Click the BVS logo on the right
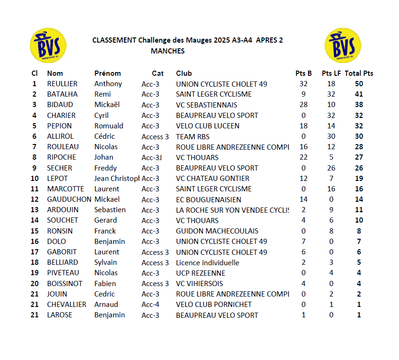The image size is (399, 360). (343, 45)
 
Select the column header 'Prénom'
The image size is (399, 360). (108, 73)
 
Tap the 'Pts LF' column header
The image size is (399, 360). (331, 73)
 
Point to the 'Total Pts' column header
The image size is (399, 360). (359, 73)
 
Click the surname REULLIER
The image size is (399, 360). (62, 84)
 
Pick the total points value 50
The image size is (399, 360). (359, 84)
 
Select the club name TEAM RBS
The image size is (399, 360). (192, 136)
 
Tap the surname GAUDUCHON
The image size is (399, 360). (69, 199)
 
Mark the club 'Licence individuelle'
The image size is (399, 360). (208, 262)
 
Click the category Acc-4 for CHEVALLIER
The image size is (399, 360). (150, 305)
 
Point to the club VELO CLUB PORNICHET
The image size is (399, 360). (214, 305)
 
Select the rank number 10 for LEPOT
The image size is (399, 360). (35, 179)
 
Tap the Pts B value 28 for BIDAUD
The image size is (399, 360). (304, 105)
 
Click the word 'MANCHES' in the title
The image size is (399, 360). (168, 51)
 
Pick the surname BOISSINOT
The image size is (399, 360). (64, 284)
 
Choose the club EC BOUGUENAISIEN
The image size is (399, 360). (209, 199)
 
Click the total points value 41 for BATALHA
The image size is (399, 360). (359, 94)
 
